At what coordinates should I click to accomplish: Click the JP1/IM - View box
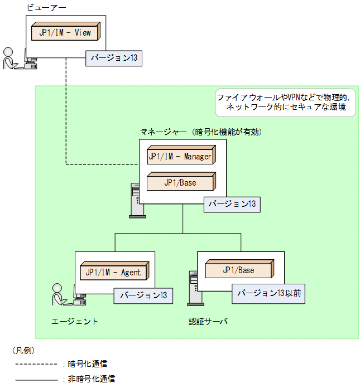[x=65, y=32]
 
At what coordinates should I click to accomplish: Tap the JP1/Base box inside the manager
[x=180, y=182]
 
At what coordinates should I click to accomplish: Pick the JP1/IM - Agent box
[x=114, y=272]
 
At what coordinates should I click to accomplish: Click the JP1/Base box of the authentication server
[x=239, y=270]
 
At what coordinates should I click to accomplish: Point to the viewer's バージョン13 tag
[x=113, y=58]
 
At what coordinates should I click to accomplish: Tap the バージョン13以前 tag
[x=268, y=293]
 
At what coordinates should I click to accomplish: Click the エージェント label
[x=75, y=321]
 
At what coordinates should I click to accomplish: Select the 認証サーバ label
[x=208, y=322]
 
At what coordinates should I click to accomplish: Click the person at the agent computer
[x=58, y=294]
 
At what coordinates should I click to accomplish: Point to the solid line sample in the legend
[x=36, y=379]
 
